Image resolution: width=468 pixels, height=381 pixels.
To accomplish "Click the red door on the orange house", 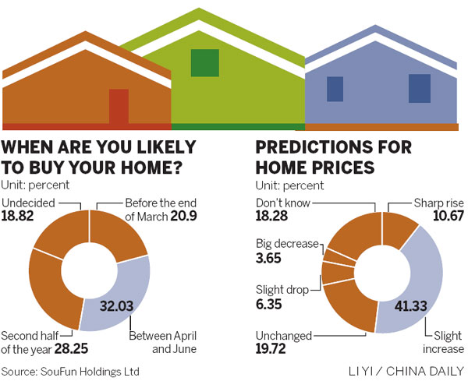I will pyautogui.click(x=119, y=107).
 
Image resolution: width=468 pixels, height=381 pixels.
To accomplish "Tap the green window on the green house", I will pyautogui.click(x=205, y=62).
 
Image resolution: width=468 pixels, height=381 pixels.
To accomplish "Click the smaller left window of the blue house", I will pyautogui.click(x=335, y=89).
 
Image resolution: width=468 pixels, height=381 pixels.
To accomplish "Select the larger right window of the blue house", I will pyautogui.click(x=420, y=88).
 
